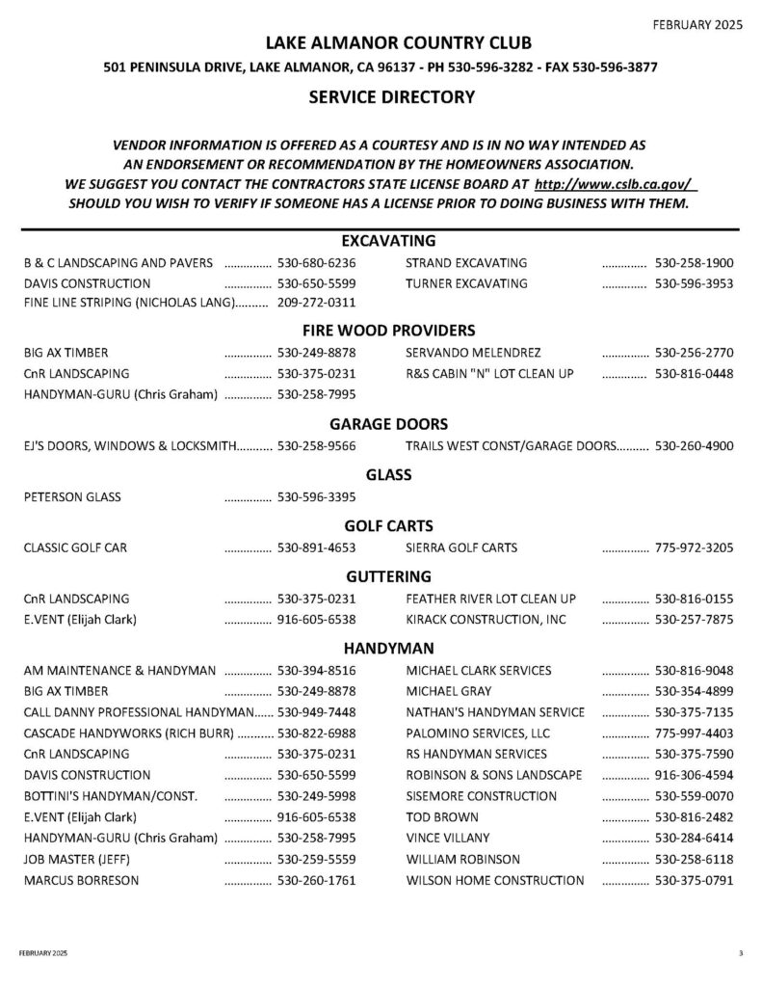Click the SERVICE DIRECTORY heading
(x=391, y=96)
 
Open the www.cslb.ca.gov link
(x=615, y=183)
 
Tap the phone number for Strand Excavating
(x=694, y=262)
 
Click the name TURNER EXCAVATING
(x=466, y=283)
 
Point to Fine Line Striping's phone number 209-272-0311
(x=317, y=304)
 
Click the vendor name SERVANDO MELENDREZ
(x=473, y=352)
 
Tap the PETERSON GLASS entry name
(x=72, y=497)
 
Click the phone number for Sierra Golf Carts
(x=694, y=548)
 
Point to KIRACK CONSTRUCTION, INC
(x=486, y=619)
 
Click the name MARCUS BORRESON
(x=81, y=880)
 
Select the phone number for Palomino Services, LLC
(x=694, y=733)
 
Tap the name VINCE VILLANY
(x=448, y=838)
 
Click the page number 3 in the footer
(x=741, y=952)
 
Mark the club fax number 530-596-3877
(x=618, y=68)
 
